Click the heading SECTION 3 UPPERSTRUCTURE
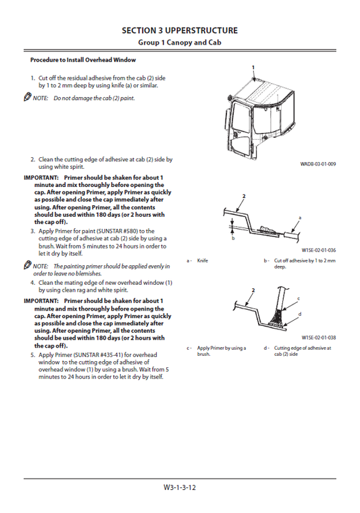click(x=179, y=30)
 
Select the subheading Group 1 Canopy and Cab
click(x=179, y=43)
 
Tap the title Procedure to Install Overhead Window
click(x=83, y=60)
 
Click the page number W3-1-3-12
click(x=179, y=487)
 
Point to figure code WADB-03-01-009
click(x=318, y=164)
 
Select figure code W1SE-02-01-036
click(x=318, y=250)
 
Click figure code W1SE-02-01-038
click(x=318, y=337)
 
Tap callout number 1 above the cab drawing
click(x=253, y=68)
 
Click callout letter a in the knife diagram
click(x=299, y=218)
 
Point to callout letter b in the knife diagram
click(x=232, y=238)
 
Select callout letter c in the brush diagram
click(x=299, y=298)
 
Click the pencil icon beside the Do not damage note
click(x=27, y=98)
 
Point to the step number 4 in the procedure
click(x=32, y=283)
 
